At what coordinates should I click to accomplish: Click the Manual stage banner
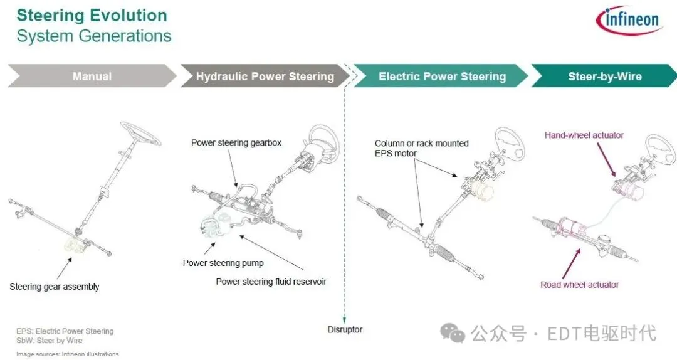92,77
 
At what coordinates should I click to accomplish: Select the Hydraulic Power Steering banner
265,77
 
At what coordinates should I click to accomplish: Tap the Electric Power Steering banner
442,77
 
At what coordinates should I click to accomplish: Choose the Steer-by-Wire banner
604,77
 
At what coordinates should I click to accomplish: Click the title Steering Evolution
92,16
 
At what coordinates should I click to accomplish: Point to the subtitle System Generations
93,36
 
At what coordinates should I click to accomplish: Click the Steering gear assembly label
55,287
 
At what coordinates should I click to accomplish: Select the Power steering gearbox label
236,143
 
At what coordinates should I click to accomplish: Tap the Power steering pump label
223,263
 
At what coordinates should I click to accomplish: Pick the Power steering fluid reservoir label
271,282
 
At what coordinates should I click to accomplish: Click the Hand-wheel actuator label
584,135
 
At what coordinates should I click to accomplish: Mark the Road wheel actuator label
579,285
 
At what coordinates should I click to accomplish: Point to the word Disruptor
345,329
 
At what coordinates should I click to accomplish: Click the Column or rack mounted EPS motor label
421,148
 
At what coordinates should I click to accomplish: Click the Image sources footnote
67,354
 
